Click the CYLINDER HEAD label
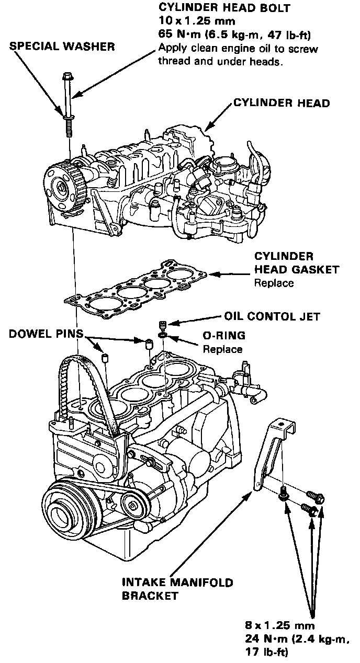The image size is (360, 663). (x=282, y=103)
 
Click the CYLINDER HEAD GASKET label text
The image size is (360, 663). (x=296, y=264)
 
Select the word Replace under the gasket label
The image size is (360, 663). (x=273, y=283)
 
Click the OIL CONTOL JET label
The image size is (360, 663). (x=272, y=317)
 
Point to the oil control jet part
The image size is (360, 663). (x=162, y=325)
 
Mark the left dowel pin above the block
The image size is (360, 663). (x=105, y=358)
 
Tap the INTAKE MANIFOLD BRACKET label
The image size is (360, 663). (x=177, y=589)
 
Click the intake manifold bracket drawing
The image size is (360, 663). (x=272, y=450)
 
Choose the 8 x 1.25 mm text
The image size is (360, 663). (x=280, y=625)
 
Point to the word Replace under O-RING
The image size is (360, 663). (x=222, y=349)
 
